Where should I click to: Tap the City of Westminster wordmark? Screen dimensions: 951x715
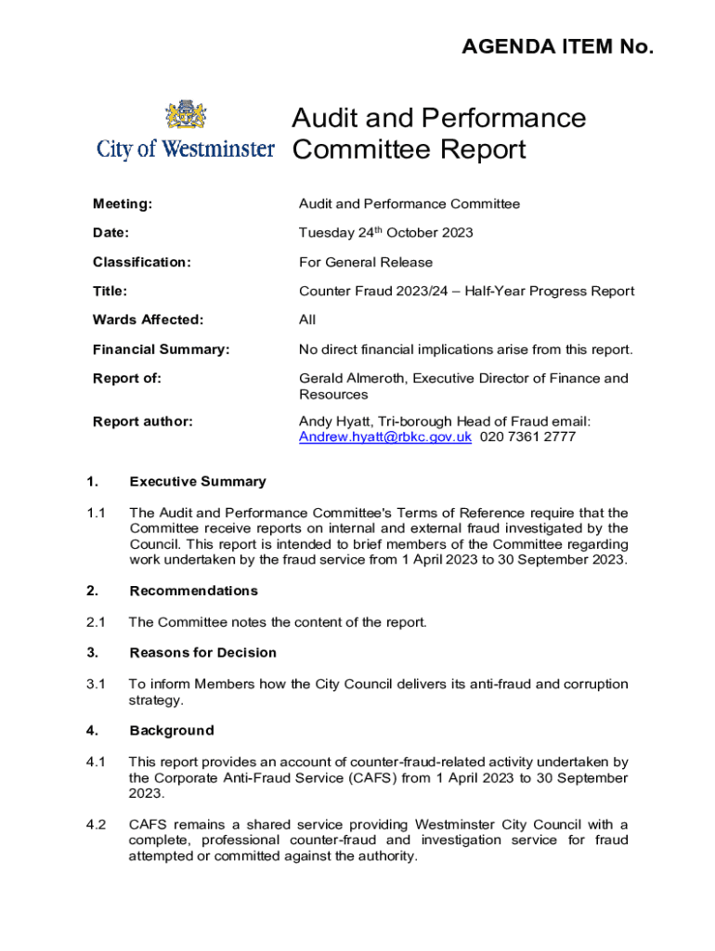186,150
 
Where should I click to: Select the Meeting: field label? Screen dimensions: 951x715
123,204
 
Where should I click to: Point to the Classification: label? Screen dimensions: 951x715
141,263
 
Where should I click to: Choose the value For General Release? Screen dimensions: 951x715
366,263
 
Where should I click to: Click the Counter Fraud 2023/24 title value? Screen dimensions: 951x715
466,292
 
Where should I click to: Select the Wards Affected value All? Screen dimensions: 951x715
307,320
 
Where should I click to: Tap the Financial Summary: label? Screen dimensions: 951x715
161,350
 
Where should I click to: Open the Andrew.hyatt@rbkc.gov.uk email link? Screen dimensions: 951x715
385,437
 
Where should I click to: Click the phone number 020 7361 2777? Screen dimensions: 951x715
527,437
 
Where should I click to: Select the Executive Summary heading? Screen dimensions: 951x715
198,482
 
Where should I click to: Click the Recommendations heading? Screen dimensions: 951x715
193,592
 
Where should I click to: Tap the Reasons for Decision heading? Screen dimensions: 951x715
203,653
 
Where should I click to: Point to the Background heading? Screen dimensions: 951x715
172,731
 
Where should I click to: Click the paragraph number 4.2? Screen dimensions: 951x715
96,825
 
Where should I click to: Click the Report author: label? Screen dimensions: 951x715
143,423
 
